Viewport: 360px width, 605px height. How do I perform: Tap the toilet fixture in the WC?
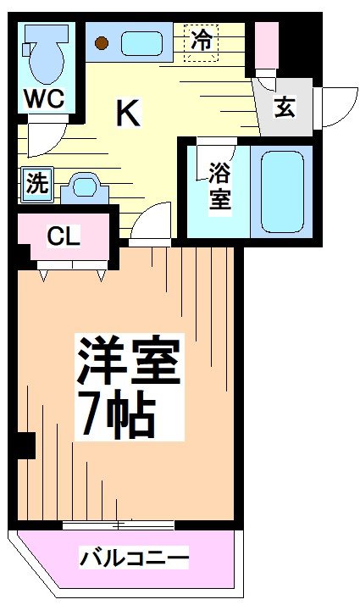41,53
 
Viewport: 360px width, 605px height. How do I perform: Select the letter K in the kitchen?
128,113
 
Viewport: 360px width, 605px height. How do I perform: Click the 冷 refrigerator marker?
202,39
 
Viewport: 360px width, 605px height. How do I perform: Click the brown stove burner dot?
102,43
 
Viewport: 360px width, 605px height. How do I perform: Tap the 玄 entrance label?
284,108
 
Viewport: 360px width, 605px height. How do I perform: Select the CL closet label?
64,236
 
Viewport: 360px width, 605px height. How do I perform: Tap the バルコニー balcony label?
134,558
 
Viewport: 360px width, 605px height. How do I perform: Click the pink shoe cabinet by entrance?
267,42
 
